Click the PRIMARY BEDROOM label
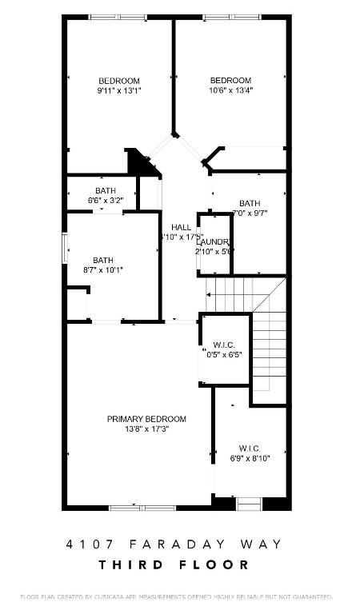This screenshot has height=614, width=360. click(x=146, y=419)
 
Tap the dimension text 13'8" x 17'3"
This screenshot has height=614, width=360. click(x=146, y=429)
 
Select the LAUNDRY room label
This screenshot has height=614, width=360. click(x=214, y=241)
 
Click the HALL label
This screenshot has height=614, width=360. click(x=181, y=228)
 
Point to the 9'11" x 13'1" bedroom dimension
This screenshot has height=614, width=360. click(x=119, y=90)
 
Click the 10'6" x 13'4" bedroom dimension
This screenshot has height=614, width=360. click(x=230, y=90)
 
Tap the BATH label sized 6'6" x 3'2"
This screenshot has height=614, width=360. click(x=106, y=190)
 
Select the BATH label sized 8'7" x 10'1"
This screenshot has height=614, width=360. click(x=103, y=260)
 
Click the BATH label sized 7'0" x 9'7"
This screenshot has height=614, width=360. click(x=249, y=203)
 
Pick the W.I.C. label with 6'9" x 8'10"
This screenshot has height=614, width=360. click(x=250, y=448)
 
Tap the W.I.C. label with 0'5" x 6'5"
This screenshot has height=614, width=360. click(x=223, y=345)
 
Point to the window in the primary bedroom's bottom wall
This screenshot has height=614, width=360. click(x=137, y=507)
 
